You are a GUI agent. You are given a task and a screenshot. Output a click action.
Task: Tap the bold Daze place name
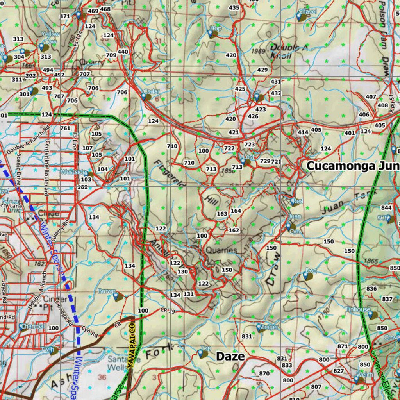[230, 356]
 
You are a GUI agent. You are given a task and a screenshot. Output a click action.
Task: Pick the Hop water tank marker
[211, 34]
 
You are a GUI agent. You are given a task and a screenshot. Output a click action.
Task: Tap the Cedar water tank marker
[145, 96]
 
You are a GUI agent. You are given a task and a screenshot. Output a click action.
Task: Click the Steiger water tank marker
[260, 328]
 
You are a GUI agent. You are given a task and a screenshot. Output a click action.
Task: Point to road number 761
[65, 128]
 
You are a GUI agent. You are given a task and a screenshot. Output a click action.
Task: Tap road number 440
[123, 52]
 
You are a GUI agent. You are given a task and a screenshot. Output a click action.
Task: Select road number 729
[265, 161]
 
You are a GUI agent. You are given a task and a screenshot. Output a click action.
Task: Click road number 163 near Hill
[222, 214]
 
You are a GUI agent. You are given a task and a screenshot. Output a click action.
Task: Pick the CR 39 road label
[167, 310]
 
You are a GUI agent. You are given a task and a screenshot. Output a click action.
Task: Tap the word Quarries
[221, 250]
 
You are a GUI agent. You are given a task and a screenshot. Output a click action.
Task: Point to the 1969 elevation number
[258, 51]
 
